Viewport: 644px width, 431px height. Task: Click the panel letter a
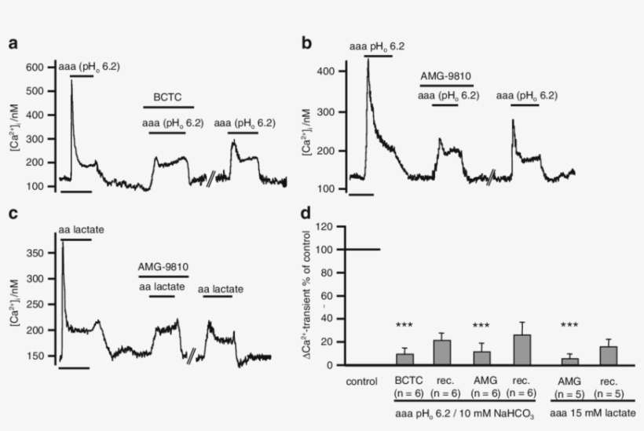tap(13, 43)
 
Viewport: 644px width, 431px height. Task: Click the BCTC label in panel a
tap(167, 97)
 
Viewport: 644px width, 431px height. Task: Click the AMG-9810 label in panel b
tap(445, 77)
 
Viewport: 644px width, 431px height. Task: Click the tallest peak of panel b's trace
tap(368, 59)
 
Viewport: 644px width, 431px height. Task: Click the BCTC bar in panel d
tap(404, 360)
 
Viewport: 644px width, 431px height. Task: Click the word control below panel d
tap(362, 382)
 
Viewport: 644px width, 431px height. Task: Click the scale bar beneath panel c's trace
tap(75, 367)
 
